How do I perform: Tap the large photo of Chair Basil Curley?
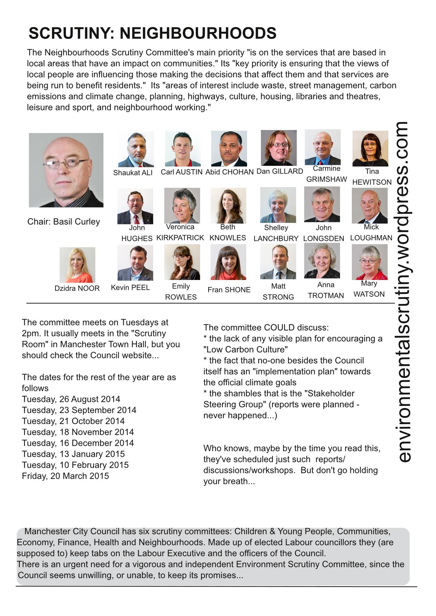coord(66,170)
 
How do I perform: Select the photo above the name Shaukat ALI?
coord(136,149)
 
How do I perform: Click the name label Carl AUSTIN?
coord(181,172)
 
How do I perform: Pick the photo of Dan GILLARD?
coord(278,148)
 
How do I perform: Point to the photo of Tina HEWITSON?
coord(370,149)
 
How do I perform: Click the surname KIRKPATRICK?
coord(180,238)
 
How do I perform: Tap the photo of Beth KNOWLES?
coord(228,206)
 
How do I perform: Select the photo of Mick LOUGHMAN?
coord(369,206)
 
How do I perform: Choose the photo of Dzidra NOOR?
coord(77,265)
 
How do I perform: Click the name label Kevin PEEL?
coord(130,288)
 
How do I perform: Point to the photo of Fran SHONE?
coord(228,262)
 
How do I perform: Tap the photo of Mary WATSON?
coord(369,262)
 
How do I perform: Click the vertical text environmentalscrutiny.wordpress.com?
coord(404,292)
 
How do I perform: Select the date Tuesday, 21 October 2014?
coord(73,421)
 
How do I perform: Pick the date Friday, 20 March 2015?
coord(66,476)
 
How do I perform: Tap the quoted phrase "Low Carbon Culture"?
coord(246,350)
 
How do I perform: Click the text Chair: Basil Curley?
coord(64,222)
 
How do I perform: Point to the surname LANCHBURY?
coord(276,238)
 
